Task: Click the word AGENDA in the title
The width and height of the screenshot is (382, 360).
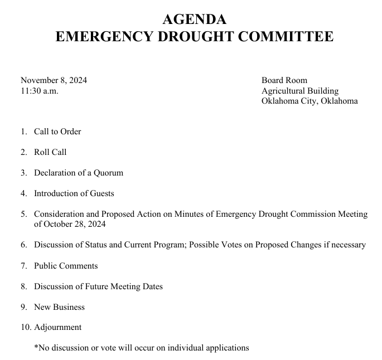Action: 195,19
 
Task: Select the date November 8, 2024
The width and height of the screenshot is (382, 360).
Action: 54,80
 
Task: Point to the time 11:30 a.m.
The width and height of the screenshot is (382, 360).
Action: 39,91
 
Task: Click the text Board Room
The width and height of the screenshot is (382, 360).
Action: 284,80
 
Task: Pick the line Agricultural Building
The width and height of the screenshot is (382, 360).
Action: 300,91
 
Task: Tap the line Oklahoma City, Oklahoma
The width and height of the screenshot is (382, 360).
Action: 310,101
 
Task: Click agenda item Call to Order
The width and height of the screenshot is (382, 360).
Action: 57,132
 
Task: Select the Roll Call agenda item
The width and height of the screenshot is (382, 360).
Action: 50,152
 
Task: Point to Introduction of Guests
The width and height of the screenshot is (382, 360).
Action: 74,193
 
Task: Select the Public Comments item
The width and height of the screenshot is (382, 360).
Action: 66,265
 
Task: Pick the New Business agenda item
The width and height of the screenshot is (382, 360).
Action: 59,307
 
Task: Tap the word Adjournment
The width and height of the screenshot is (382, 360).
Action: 57,327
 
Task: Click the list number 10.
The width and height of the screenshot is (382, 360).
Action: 26,327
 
